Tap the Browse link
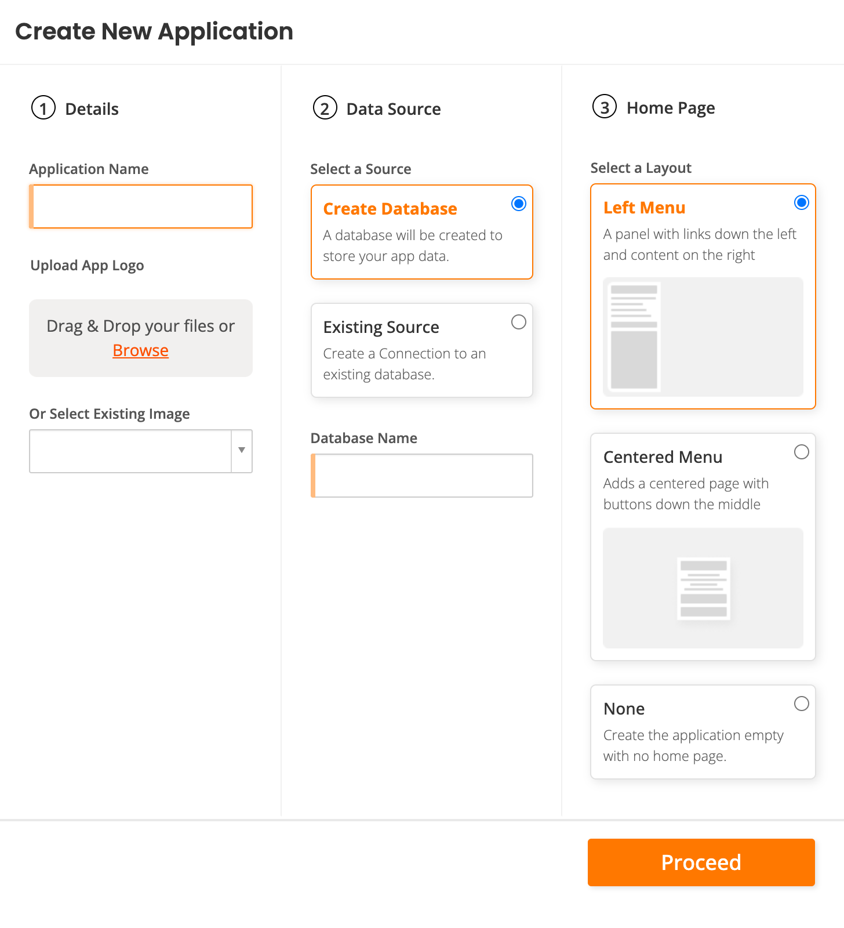(140, 350)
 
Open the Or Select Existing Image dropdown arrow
(242, 451)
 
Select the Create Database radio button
(518, 204)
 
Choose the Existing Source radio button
(518, 322)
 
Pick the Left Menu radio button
(801, 202)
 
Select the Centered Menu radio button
(801, 452)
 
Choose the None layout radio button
(801, 704)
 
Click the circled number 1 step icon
(43, 108)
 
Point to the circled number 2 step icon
(325, 108)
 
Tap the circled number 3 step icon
(604, 107)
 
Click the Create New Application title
(154, 31)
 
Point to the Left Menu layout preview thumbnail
(703, 337)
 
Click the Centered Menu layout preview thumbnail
(703, 588)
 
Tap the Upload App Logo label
(87, 266)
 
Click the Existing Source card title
(381, 327)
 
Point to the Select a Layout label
(641, 168)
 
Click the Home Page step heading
(670, 108)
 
